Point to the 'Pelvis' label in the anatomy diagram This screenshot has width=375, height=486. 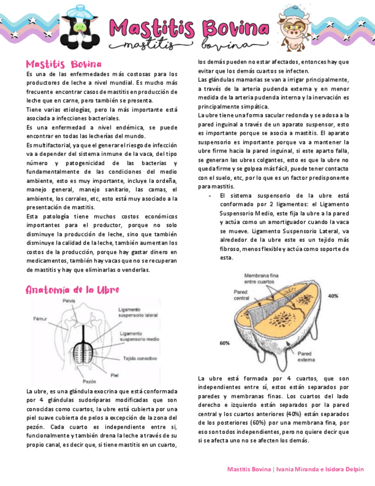pyautogui.click(x=69, y=300)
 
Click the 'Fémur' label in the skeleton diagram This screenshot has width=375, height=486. pyautogui.click(x=40, y=318)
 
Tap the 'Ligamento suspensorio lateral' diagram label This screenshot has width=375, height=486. pyautogui.click(x=139, y=312)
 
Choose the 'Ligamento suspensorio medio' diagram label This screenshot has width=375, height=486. pyautogui.click(x=139, y=336)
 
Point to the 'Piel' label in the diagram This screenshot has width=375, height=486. pyautogui.click(x=115, y=375)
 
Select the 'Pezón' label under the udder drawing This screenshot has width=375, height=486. pyautogui.click(x=89, y=381)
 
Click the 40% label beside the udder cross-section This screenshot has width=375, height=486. pyautogui.click(x=333, y=296)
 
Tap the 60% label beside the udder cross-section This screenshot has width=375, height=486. pyautogui.click(x=225, y=343)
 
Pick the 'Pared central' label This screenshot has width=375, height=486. pyautogui.click(x=242, y=295)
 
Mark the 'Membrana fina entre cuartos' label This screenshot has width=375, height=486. pyautogui.click(x=261, y=279)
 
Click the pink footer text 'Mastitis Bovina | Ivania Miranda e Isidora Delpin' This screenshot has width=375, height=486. pyautogui.click(x=295, y=469)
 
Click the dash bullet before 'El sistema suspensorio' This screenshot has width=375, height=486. pyautogui.click(x=210, y=196)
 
